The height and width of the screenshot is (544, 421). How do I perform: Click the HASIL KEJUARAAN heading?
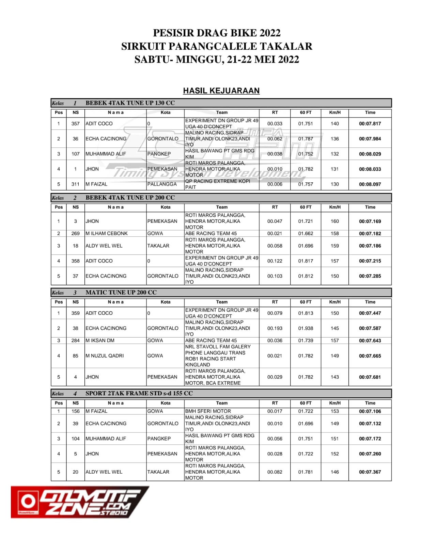(221, 90)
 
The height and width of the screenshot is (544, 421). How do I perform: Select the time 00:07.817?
(370, 123)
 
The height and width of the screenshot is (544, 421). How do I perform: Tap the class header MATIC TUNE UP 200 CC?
(121, 292)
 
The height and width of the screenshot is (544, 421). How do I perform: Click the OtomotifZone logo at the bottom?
(80, 502)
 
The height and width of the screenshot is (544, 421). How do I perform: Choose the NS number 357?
(75, 123)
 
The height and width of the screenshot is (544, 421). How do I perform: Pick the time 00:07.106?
(370, 411)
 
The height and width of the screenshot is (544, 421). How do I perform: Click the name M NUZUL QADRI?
(105, 356)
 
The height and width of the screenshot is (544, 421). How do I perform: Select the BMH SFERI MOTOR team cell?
(208, 411)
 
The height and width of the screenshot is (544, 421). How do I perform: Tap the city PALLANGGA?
(162, 184)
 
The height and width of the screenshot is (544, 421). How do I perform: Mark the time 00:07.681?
(370, 377)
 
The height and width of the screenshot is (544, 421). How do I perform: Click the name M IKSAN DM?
(100, 340)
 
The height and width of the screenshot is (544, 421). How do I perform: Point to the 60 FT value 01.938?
(306, 328)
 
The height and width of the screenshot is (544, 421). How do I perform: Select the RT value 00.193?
(275, 328)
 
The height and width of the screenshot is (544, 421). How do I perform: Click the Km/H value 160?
(334, 221)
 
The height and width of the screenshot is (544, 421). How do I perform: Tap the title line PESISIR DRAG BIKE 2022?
(217, 33)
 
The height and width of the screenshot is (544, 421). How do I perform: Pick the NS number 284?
(75, 340)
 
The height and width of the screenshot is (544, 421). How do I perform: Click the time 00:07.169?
(370, 221)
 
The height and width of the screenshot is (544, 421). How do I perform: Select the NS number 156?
(75, 411)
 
